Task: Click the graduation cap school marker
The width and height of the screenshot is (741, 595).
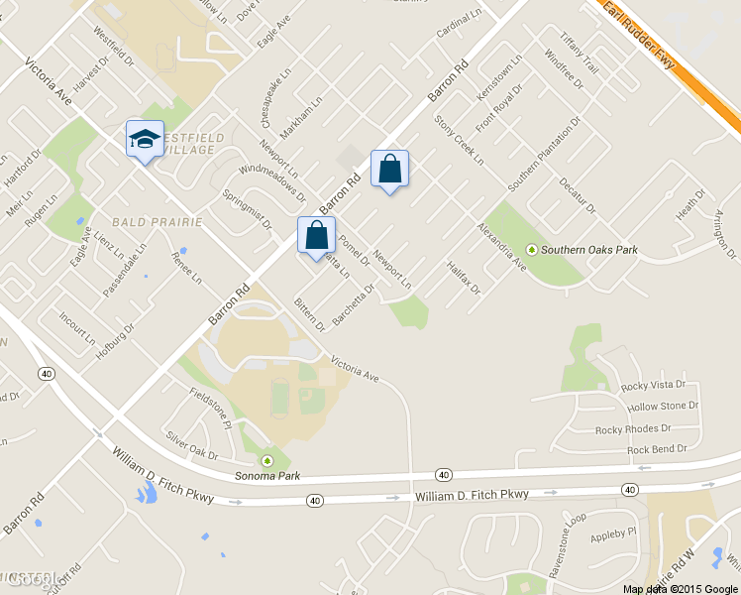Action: pos(145,140)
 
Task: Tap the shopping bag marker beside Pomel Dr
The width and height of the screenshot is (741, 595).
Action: pos(317,236)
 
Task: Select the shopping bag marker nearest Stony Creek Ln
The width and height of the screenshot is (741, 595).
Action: pos(389,170)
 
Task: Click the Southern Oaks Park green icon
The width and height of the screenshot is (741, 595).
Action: pos(532,250)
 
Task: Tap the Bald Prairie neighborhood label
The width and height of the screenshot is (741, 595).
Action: pos(158,221)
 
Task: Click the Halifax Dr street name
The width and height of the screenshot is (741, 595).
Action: pos(463,278)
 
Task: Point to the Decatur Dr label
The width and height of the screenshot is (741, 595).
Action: pos(577,194)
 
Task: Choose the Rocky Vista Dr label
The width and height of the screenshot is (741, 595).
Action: pos(653,385)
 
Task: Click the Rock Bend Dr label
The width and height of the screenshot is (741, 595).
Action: pos(657,449)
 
